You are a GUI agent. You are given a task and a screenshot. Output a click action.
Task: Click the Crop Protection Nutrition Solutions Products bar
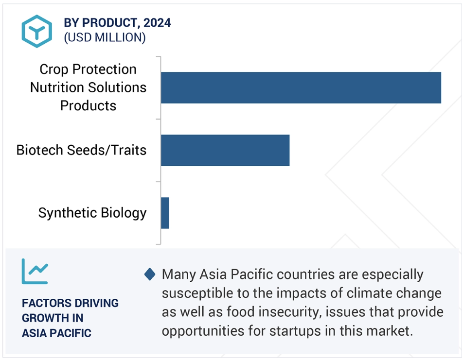coord(301,87)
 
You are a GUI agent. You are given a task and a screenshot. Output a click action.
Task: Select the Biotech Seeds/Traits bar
coord(225,150)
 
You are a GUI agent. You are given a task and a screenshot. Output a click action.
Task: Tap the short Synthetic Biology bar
coord(165,213)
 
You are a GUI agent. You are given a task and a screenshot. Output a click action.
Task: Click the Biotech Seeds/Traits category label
coord(81,150)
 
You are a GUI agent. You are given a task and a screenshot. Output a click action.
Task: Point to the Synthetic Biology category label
coord(92,213)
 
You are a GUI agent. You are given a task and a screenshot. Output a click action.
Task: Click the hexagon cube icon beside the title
coord(37,31)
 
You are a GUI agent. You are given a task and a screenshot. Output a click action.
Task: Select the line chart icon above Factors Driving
coord(35,271)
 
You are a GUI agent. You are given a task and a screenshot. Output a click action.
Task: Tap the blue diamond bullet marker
coord(150,274)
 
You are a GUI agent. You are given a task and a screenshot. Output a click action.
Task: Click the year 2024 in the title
coord(157,23)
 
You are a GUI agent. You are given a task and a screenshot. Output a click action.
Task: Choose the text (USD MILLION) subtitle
coord(105,37)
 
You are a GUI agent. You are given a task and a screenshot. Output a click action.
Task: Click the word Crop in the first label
coord(54,69)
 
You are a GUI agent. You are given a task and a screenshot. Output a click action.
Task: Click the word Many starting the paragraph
coord(179,275)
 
